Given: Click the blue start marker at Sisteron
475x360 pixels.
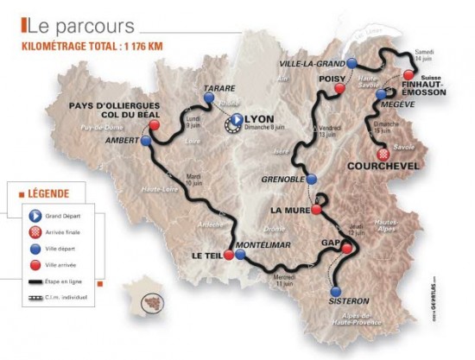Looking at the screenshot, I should click(336, 289).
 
